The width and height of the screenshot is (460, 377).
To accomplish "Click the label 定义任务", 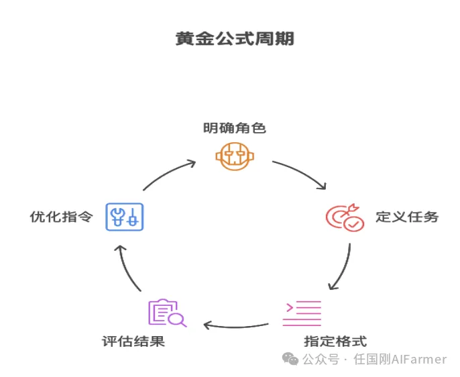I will [x=406, y=217].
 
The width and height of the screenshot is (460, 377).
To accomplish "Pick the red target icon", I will [x=343, y=218].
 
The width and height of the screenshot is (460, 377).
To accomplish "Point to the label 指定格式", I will [x=335, y=341].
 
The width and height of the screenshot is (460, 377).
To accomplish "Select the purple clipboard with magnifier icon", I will [x=166, y=313].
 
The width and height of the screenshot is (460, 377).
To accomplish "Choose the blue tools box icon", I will [x=125, y=217].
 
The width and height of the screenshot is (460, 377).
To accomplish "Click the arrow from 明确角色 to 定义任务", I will [x=301, y=174].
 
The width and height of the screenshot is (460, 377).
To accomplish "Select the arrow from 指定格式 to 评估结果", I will [x=235, y=325].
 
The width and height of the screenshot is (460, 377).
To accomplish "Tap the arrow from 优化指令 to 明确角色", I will [x=167, y=174].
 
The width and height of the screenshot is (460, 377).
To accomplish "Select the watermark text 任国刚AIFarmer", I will [x=400, y=359].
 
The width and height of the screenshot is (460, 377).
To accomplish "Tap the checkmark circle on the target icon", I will [x=353, y=223].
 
